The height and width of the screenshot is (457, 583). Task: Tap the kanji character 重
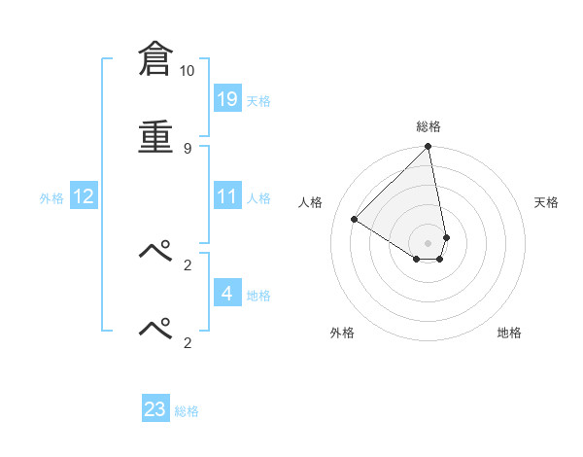155,137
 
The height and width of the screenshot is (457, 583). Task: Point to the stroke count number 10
187,71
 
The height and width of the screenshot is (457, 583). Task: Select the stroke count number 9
187,148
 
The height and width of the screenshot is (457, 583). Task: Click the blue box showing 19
227,98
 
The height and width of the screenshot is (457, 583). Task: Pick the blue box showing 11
227,196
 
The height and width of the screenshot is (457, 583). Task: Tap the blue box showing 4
227,293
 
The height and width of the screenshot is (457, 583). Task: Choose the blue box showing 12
84,196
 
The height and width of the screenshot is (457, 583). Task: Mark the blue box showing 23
155,409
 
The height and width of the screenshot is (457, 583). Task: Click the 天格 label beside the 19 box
258,101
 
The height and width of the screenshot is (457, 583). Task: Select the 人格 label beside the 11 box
258,198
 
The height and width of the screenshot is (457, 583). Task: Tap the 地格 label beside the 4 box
258,296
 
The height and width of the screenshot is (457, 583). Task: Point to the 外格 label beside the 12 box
51,198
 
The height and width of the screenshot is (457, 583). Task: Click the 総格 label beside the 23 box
187,412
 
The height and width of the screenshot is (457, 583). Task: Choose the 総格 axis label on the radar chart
429,127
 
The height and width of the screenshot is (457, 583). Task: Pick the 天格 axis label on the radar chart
547,202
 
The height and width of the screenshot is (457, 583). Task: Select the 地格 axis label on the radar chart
509,333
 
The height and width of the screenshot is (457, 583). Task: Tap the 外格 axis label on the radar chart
342,333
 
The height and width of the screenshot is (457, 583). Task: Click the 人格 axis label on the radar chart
311,202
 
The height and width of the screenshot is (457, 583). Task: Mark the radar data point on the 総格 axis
429,148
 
